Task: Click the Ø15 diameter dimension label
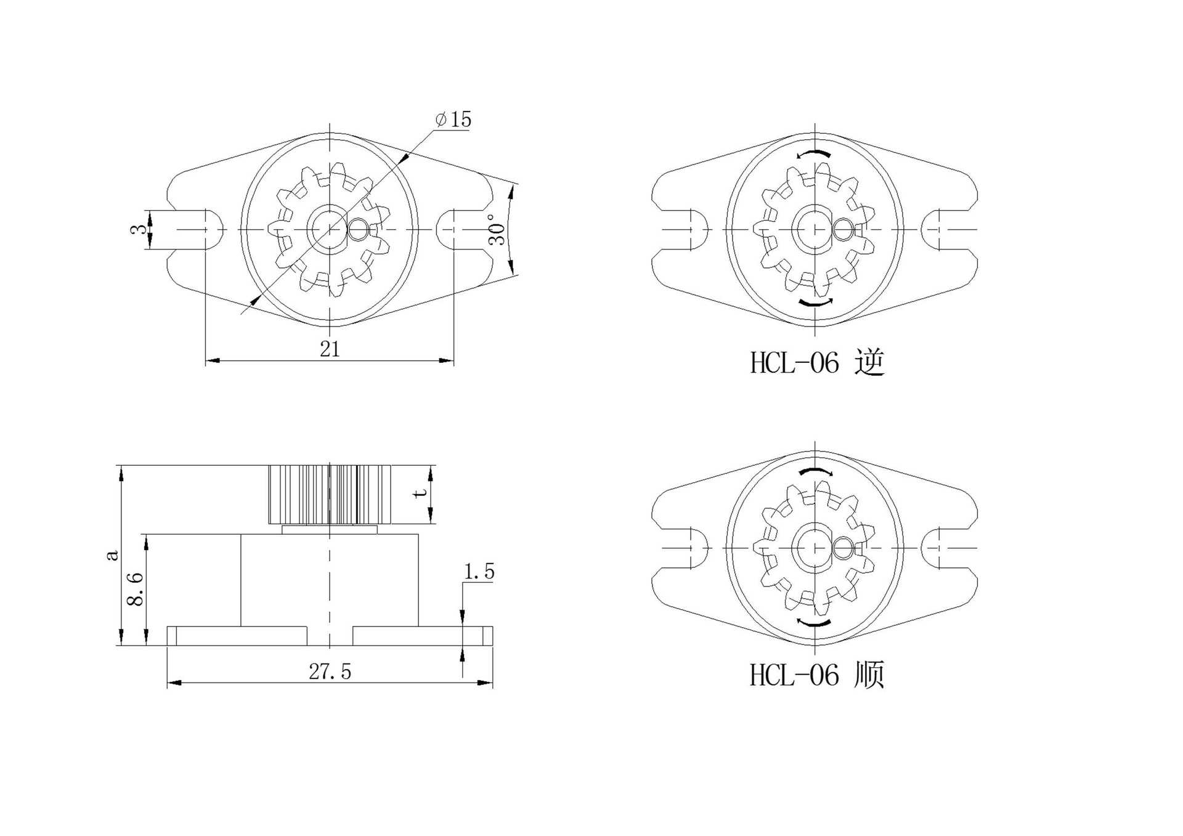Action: [453, 119]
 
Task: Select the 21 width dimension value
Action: [330, 349]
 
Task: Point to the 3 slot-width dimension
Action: [140, 229]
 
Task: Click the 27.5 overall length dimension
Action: [330, 672]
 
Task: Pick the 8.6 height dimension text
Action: [135, 589]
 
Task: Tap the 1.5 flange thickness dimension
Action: [479, 572]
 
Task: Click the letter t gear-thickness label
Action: [421, 493]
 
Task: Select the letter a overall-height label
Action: [112, 555]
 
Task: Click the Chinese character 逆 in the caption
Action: [869, 362]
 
